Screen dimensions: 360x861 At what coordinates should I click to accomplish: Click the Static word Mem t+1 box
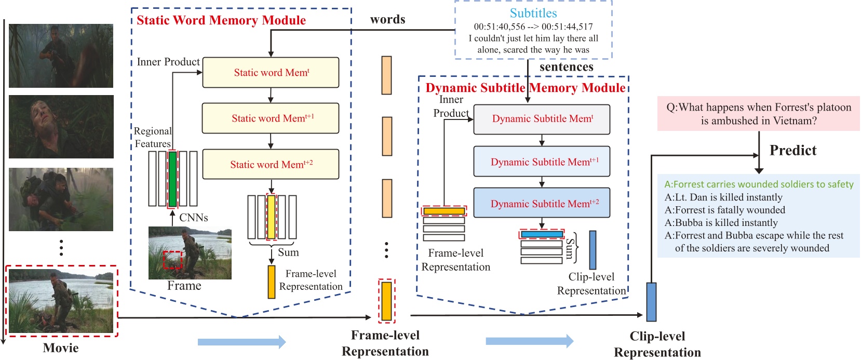click(x=271, y=118)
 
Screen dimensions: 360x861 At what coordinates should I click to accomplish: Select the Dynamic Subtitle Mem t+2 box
click(x=542, y=203)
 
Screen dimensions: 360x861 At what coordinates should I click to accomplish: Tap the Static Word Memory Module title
click(x=221, y=20)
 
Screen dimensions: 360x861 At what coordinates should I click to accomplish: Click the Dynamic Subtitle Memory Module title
click(x=525, y=88)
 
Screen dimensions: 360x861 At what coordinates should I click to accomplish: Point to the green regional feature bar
click(x=173, y=179)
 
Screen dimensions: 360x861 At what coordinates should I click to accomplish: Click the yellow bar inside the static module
click(x=271, y=217)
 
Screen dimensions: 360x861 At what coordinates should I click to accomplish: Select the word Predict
click(x=792, y=151)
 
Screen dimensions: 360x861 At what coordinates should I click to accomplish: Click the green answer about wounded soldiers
click(x=759, y=184)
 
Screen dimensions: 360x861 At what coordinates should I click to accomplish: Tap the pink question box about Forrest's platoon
click(x=758, y=114)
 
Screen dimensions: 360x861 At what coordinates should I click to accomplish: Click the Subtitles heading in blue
click(x=533, y=13)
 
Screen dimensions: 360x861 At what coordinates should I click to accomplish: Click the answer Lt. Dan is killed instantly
click(x=723, y=197)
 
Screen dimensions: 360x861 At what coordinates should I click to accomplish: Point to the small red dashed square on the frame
click(x=172, y=260)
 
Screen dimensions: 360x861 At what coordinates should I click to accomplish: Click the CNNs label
click(x=193, y=218)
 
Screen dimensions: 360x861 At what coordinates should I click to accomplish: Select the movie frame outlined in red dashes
click(x=61, y=301)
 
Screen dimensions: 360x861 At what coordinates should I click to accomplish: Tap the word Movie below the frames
click(x=61, y=348)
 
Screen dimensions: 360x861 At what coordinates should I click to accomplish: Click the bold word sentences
click(x=566, y=67)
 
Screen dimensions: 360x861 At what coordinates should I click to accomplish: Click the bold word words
click(x=387, y=20)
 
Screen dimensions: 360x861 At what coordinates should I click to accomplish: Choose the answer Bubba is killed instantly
click(x=721, y=223)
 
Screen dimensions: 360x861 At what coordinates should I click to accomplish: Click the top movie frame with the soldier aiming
click(x=61, y=56)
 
